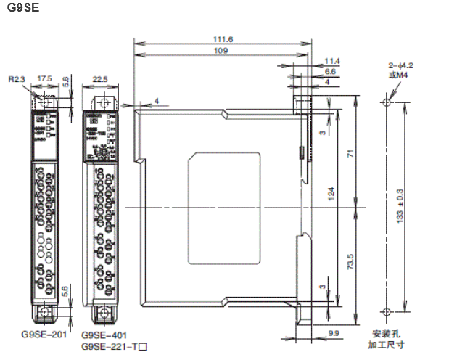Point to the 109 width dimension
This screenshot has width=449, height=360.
[x=221, y=51]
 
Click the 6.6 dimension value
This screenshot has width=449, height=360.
[x=330, y=71]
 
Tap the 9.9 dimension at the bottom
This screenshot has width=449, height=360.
[x=334, y=332]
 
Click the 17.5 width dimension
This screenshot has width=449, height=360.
[x=44, y=77]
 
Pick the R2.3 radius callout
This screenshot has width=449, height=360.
[x=16, y=78]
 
